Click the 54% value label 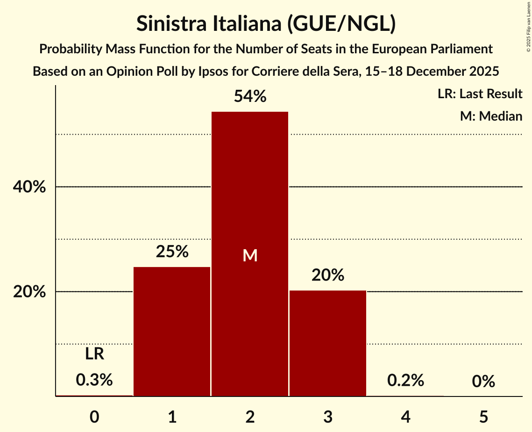[250, 97]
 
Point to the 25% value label [172, 252]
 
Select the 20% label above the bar [328, 275]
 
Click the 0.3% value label [94, 380]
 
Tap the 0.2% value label [405, 381]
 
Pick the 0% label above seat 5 [483, 382]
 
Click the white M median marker [250, 255]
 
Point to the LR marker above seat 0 [94, 354]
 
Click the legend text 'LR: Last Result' [480, 94]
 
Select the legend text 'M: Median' [491, 116]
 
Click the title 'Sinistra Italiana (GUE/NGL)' [266, 24]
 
